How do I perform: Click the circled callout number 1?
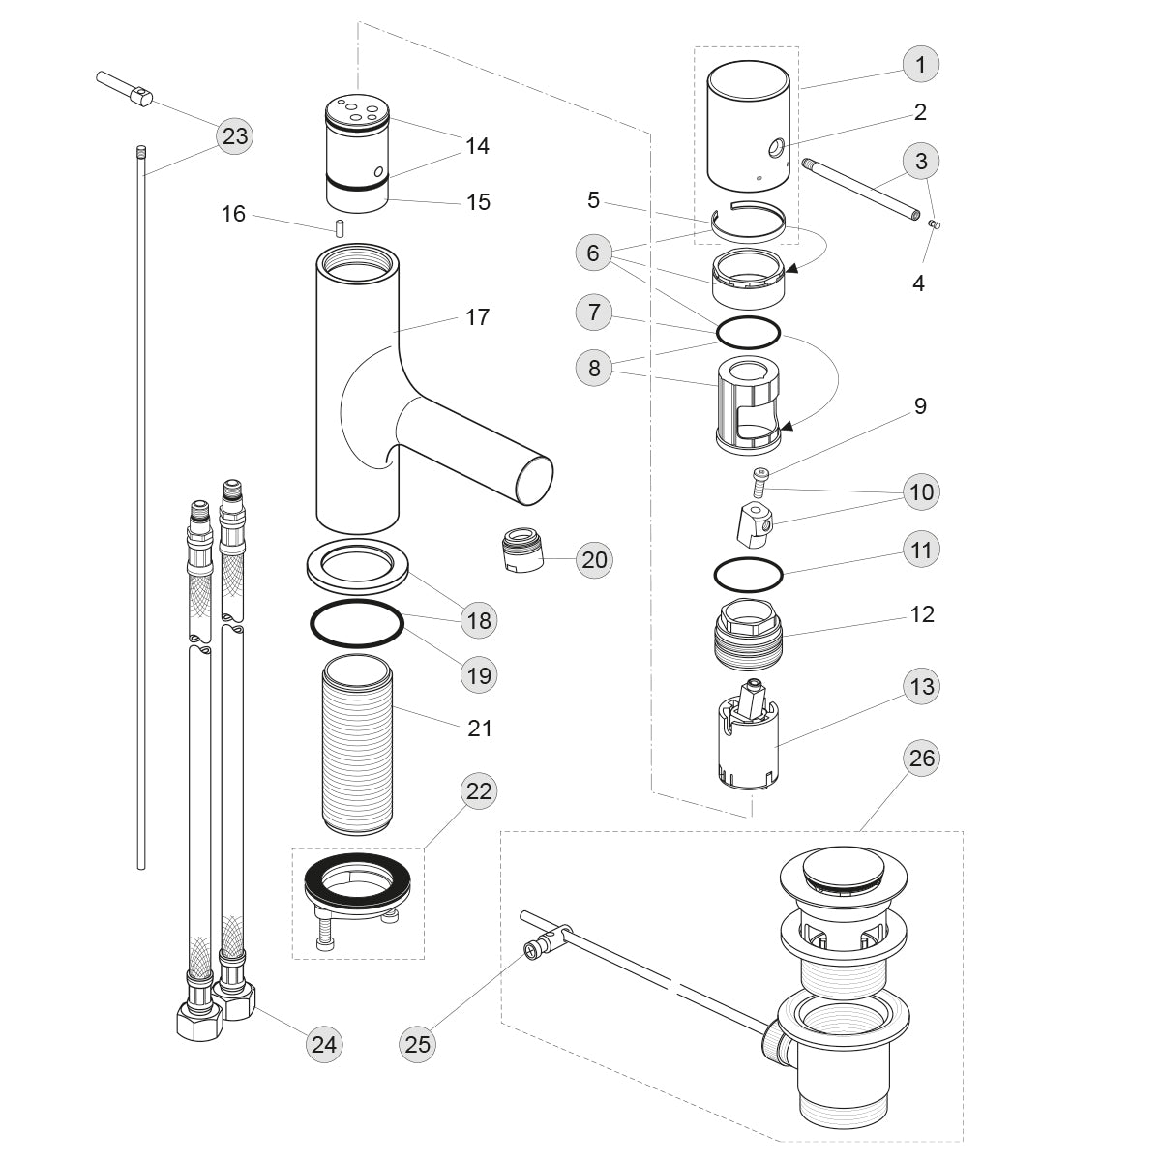[920, 65]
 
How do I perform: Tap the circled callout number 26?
[922, 758]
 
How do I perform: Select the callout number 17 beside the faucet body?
[478, 316]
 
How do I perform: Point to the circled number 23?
[235, 136]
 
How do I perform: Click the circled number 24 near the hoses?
[324, 1044]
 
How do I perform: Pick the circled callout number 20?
[594, 559]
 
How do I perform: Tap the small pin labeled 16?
[341, 229]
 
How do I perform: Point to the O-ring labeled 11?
[748, 575]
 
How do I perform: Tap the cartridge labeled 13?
[749, 740]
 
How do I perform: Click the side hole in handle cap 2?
[776, 149]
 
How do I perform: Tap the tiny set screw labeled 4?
[935, 225]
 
